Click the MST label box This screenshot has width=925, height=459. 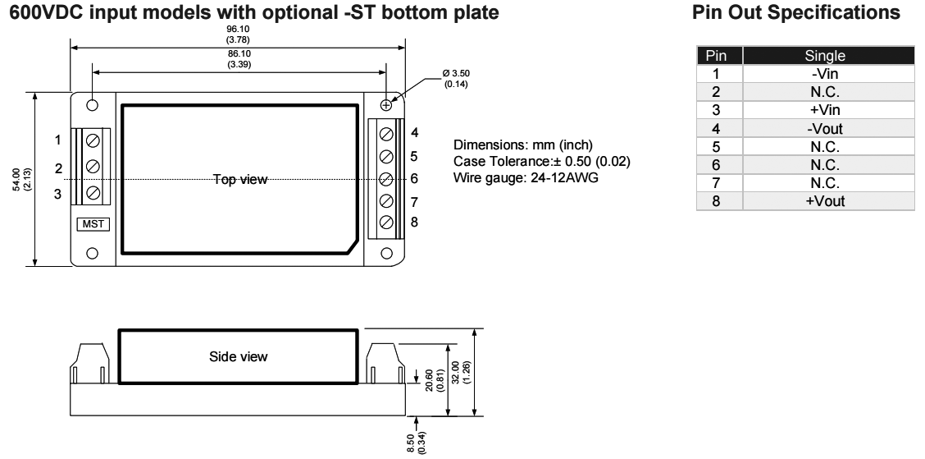93,224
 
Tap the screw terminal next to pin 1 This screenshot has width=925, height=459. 93,140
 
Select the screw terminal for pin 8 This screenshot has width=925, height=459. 386,223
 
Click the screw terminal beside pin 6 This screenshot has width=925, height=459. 386,178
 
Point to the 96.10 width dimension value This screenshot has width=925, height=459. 239,34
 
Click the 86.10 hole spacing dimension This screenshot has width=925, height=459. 239,59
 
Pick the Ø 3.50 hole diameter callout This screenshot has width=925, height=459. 456,79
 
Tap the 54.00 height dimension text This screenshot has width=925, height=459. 22,180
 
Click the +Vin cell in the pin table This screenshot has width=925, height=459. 825,110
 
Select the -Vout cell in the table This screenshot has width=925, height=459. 825,128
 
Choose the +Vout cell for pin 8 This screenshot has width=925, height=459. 825,201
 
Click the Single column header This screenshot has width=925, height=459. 825,56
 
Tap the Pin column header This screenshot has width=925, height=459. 716,56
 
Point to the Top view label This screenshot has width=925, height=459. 240,179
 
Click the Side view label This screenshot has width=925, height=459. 239,356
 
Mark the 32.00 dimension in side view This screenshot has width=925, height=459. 460,372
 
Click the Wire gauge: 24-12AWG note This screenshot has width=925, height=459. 526,177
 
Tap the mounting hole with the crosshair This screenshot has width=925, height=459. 386,105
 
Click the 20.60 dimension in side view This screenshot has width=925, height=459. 434,380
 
